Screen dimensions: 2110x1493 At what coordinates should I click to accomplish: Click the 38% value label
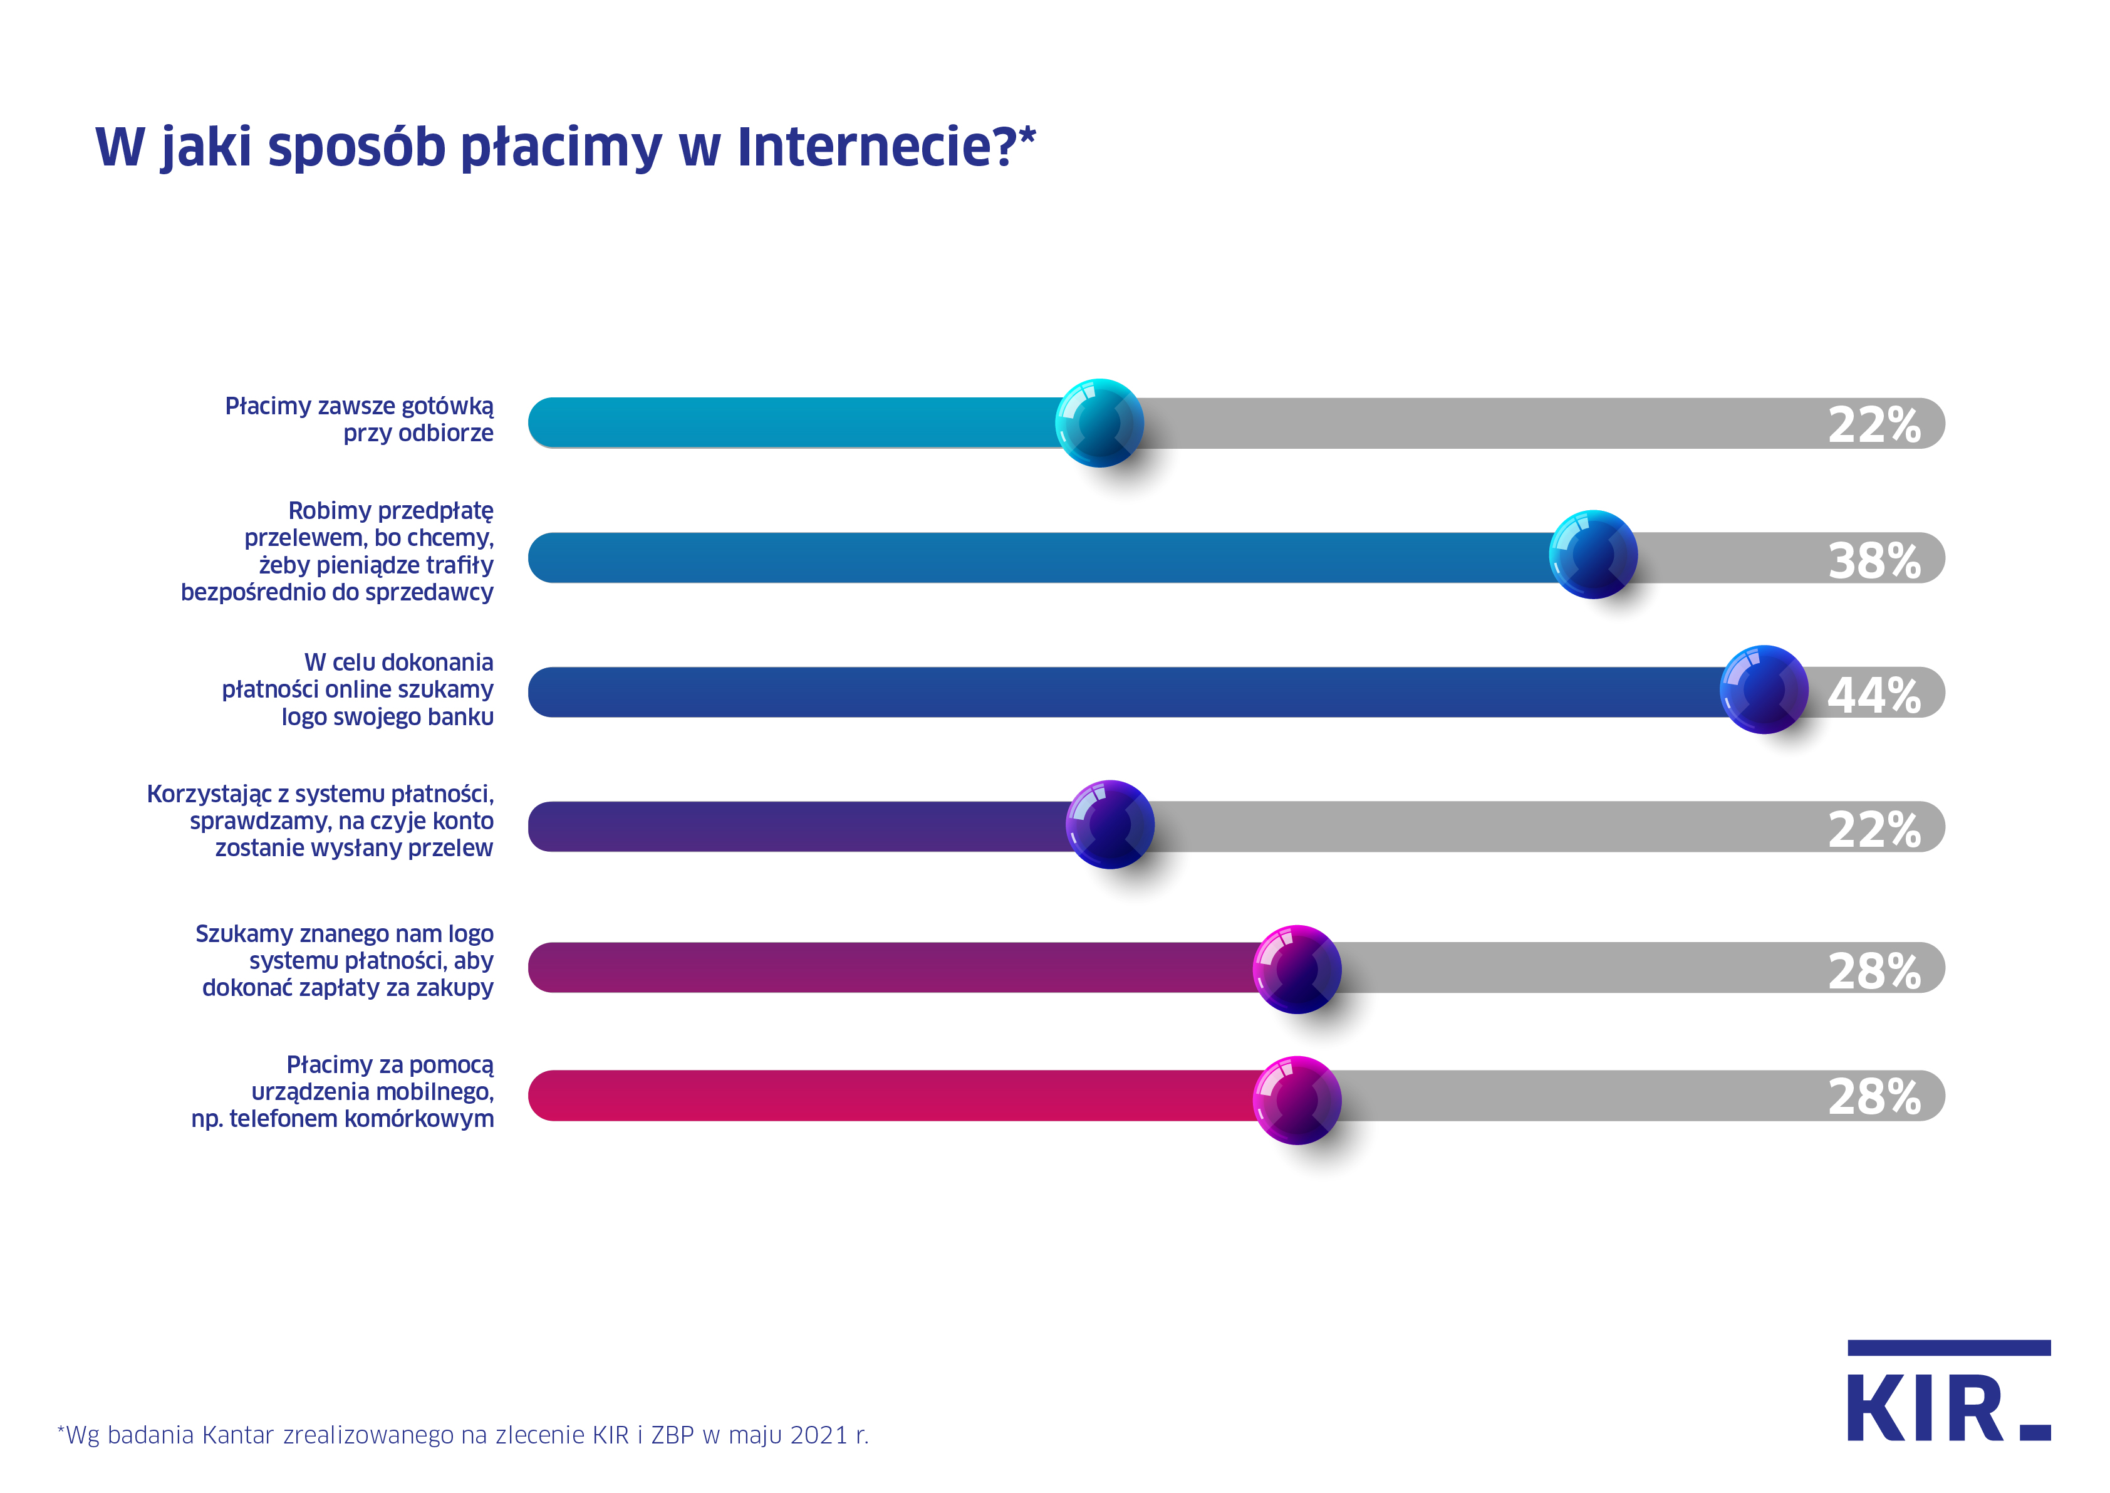coord(1874,561)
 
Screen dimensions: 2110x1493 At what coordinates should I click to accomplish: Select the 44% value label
coord(1874,695)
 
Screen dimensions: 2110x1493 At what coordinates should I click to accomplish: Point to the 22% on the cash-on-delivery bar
coord(1874,425)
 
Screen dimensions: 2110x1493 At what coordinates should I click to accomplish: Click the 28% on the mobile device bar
coord(1874,1097)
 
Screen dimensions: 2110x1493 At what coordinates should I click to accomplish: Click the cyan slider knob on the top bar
coord(1099,423)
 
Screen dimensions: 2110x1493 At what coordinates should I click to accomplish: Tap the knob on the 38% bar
coord(1593,554)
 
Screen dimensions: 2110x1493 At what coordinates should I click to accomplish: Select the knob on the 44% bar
coord(1764,689)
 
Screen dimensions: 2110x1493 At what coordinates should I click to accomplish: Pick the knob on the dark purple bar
coord(1110,825)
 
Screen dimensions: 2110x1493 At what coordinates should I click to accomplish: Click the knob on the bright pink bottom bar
coord(1297,1101)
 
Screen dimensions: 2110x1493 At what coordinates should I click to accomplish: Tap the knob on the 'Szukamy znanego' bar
coord(1297,969)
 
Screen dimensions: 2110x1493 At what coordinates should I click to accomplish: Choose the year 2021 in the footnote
coord(819,1435)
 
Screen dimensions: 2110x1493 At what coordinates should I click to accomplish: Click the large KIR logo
coord(1948,1392)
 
